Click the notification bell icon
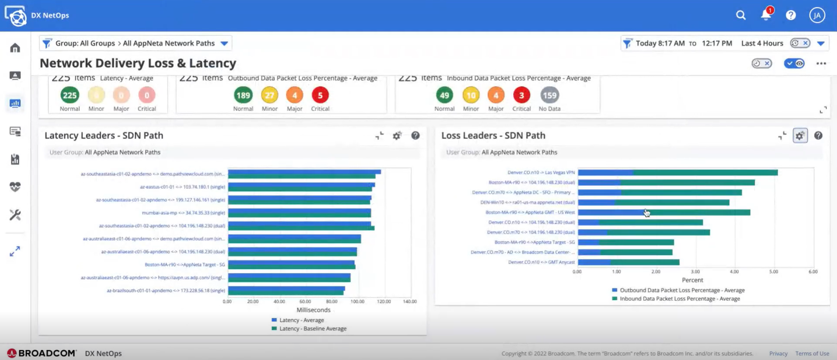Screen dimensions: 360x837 point(766,15)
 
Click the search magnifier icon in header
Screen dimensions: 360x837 point(740,15)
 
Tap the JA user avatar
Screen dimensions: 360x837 point(816,15)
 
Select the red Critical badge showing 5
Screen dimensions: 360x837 point(320,95)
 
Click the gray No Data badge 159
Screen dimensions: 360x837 point(549,95)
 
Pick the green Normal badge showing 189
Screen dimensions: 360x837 point(243,95)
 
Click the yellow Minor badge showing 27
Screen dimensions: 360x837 point(269,95)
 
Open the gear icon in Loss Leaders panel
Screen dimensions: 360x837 point(800,136)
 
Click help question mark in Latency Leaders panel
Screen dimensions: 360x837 point(415,136)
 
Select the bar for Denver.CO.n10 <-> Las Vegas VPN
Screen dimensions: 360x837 point(677,173)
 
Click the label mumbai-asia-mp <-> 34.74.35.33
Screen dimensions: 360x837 point(183,213)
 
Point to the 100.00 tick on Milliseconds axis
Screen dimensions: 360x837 point(357,301)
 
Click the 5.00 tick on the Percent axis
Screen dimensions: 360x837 point(773,272)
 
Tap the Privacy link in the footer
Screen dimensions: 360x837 point(778,353)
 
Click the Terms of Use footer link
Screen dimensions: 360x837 point(812,353)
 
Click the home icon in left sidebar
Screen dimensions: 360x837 point(15,48)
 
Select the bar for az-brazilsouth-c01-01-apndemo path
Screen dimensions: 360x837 point(286,291)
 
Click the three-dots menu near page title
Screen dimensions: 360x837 point(821,64)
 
